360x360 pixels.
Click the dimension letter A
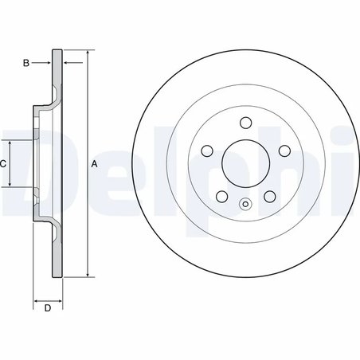point(95,164)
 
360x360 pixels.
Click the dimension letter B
point(26,61)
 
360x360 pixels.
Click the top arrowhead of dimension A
point(86,53)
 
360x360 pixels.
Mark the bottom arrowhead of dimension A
point(86,275)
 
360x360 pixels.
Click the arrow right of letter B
point(45,61)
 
